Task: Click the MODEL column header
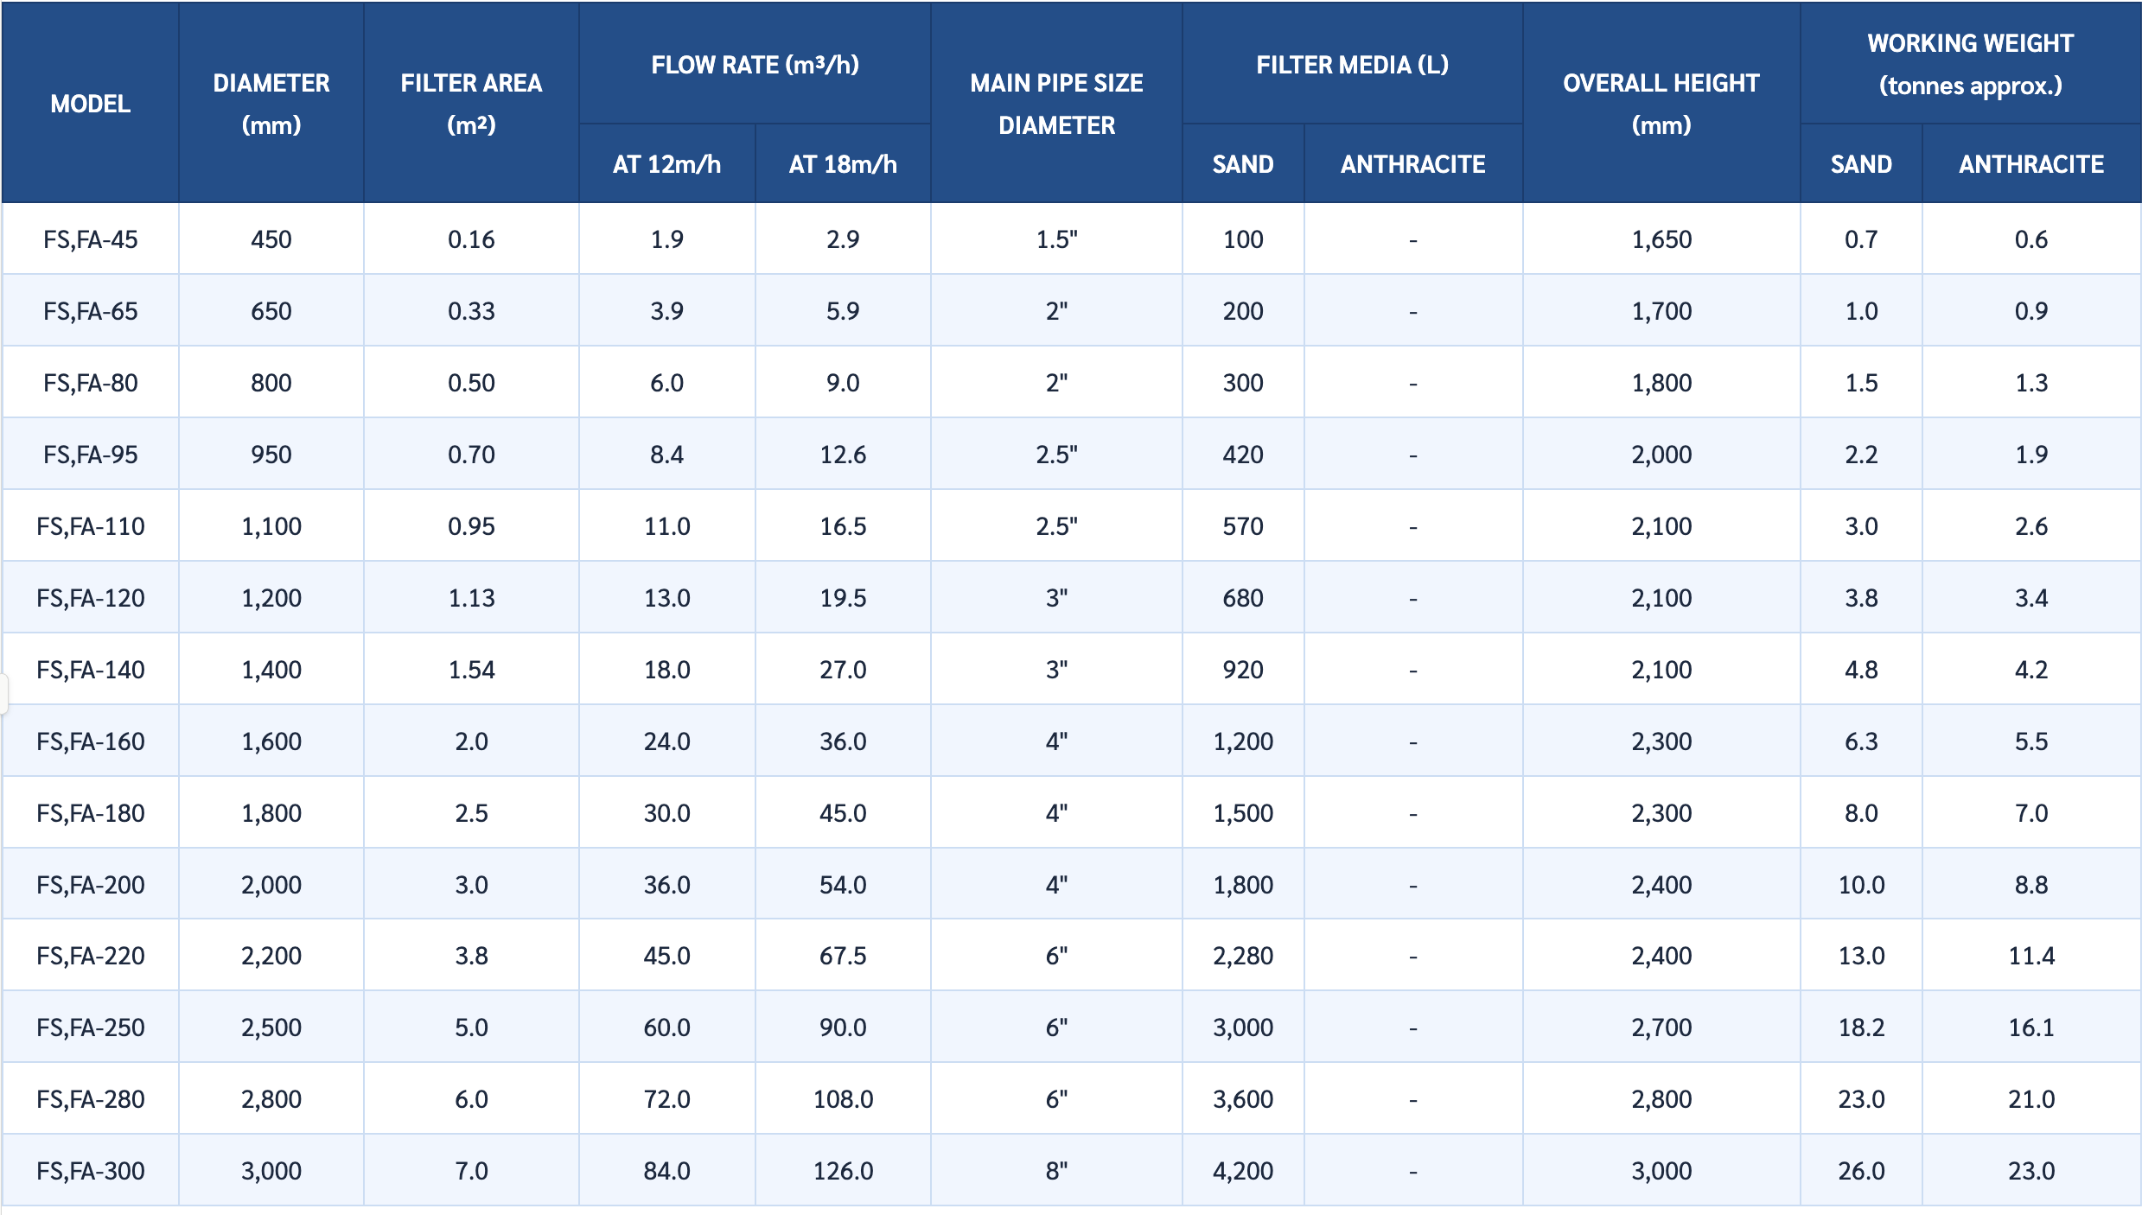[91, 104]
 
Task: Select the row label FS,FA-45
[91, 239]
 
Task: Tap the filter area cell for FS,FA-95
[471, 455]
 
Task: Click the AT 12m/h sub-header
[666, 164]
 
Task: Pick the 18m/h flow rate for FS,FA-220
[843, 956]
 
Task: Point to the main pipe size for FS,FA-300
[1056, 1171]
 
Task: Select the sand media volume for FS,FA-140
[1243, 670]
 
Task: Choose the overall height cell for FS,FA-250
[1661, 1027]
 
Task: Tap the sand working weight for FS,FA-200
[1861, 885]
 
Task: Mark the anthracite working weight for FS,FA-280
[2031, 1099]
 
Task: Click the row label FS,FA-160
[91, 741]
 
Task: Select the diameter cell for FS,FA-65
[271, 311]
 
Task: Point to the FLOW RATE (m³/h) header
[755, 65]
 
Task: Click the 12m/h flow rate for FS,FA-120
[666, 598]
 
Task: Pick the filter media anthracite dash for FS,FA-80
[1412, 384]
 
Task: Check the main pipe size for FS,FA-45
[1056, 239]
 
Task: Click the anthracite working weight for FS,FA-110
[2031, 526]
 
